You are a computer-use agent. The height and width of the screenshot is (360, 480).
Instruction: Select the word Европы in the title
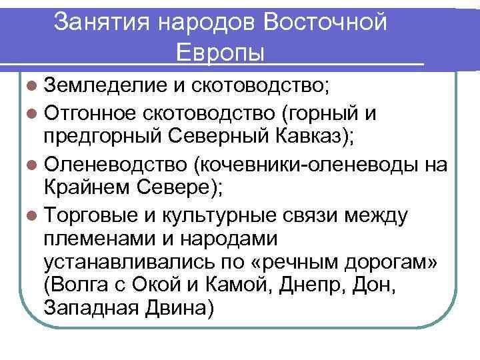pos(221,52)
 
